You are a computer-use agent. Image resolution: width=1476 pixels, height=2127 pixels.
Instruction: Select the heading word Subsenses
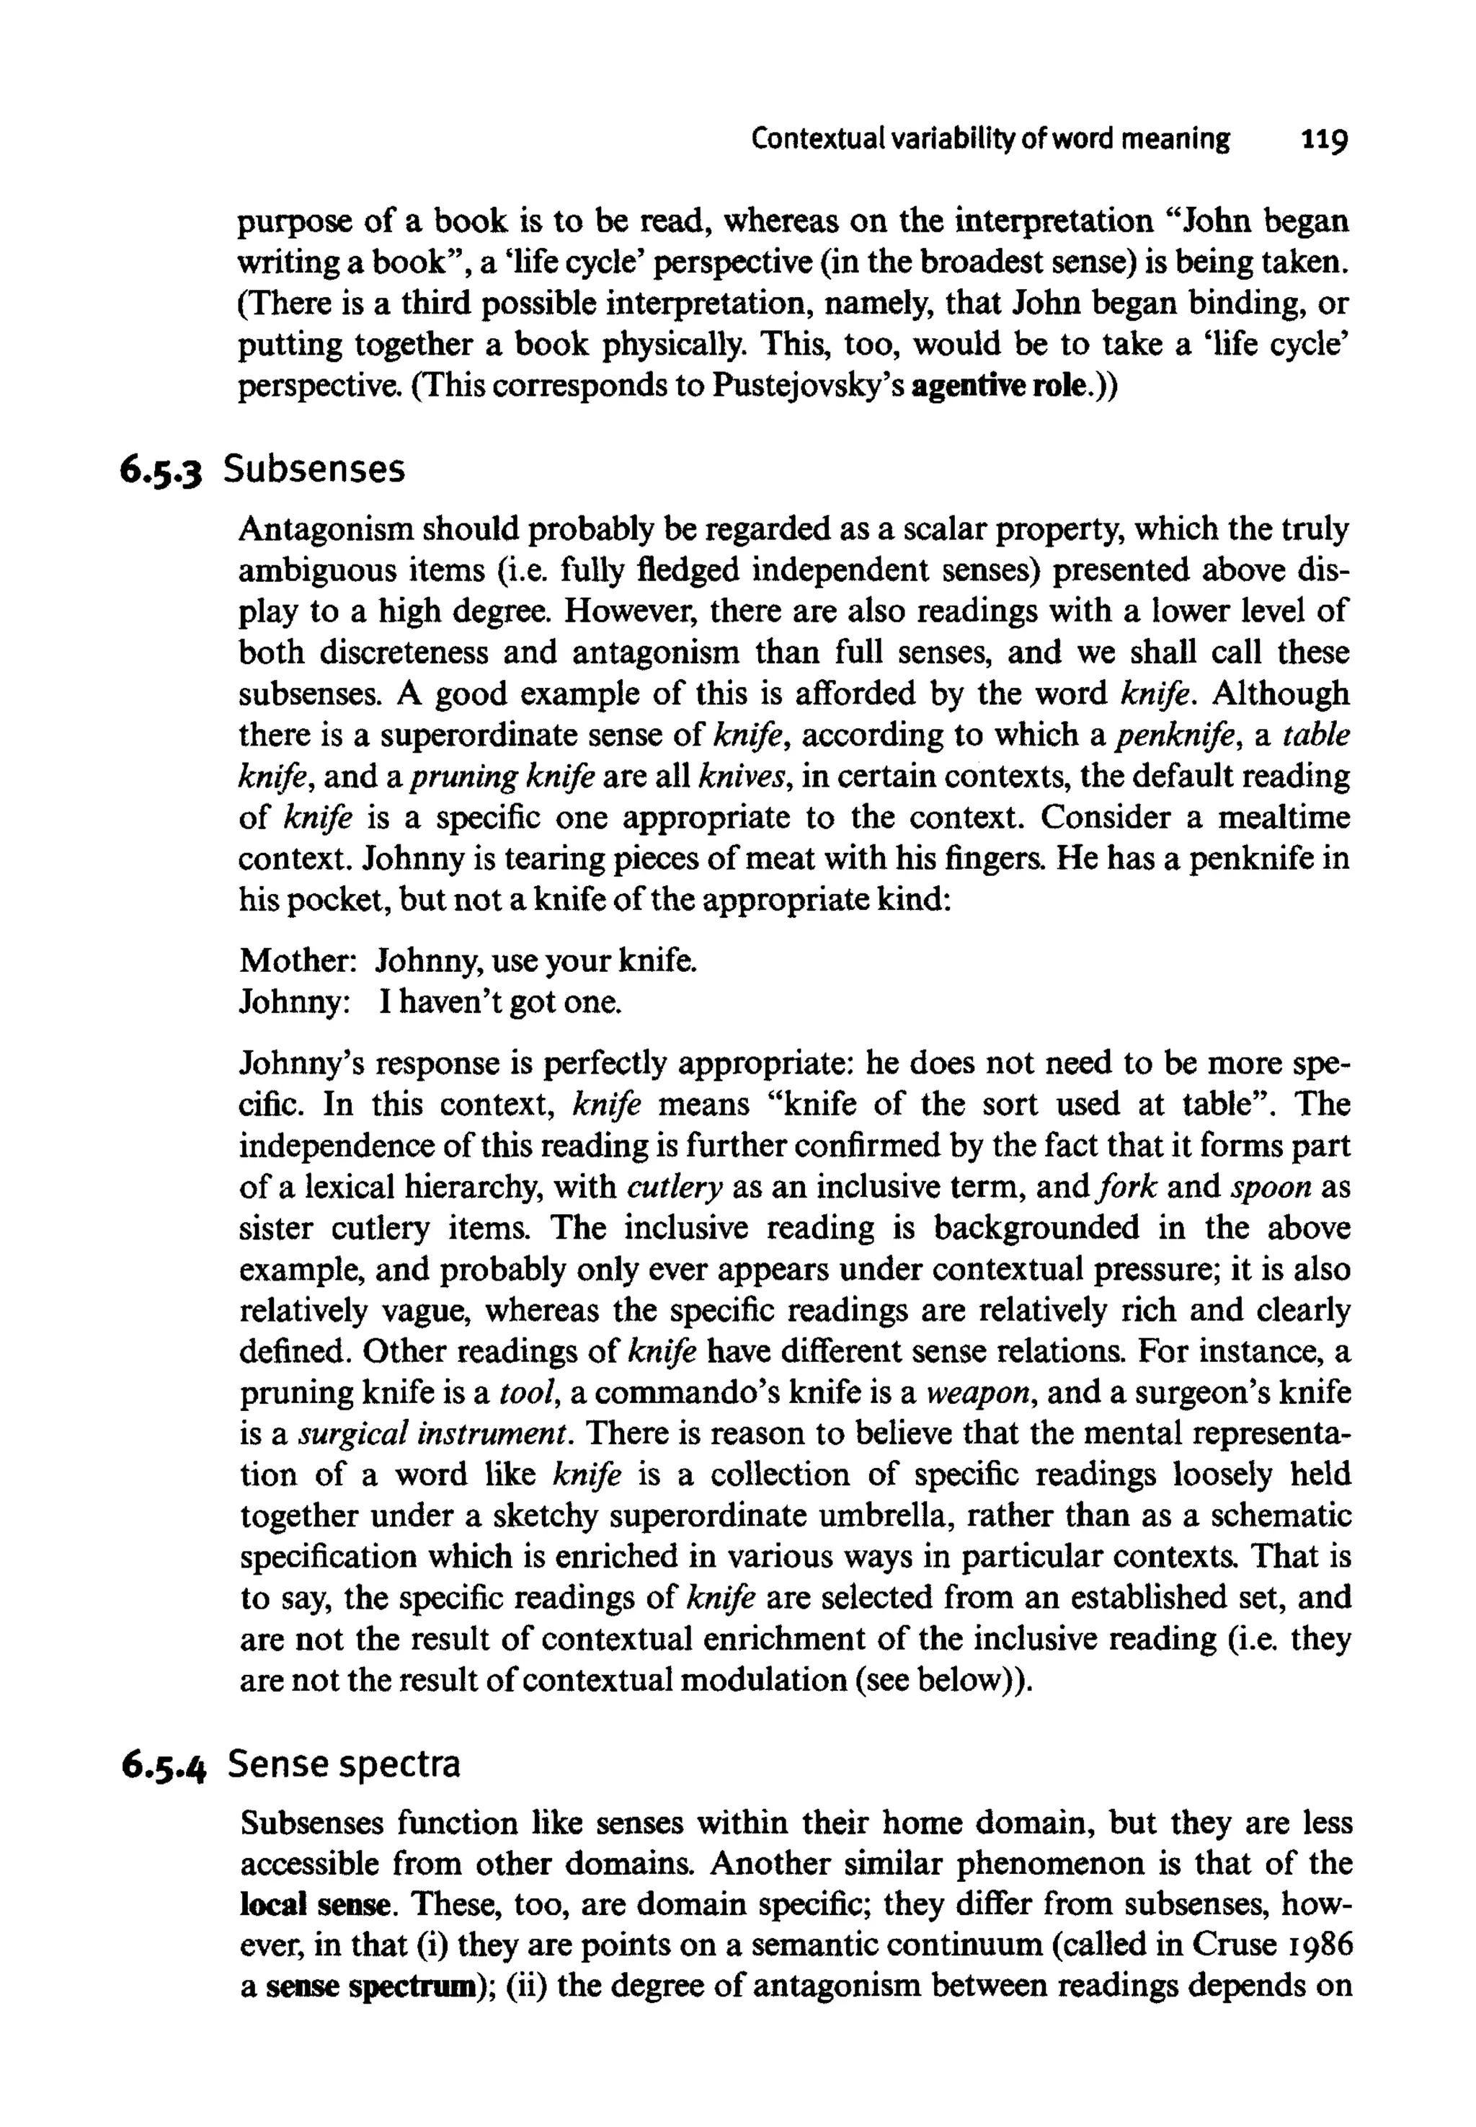(x=314, y=470)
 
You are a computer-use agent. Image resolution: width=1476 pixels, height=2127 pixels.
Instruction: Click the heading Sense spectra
(x=343, y=1765)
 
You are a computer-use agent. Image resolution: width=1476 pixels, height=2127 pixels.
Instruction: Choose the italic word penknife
(x=1175, y=735)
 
